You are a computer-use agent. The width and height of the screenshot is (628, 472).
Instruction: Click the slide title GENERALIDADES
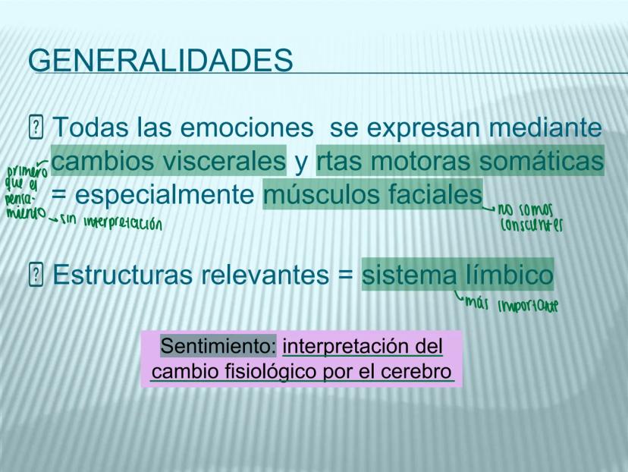pos(161,60)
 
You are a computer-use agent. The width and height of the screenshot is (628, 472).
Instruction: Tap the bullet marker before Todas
pos(36,127)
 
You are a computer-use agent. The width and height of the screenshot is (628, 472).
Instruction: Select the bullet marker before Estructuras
pos(36,275)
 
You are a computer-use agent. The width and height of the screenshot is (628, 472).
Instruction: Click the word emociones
pos(246,127)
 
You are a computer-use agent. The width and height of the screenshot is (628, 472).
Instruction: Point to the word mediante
pos(545,127)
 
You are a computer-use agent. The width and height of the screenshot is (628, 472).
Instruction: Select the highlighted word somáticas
pos(542,161)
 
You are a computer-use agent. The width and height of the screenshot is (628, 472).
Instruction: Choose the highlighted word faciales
pos(435,194)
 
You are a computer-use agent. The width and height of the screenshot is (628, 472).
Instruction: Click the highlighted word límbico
pos(509,275)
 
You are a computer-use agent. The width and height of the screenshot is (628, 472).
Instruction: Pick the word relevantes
pos(259,275)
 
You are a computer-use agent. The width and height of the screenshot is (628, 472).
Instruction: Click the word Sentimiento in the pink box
pos(218,346)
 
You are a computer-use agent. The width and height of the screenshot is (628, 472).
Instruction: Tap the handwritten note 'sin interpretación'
pos(111,222)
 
